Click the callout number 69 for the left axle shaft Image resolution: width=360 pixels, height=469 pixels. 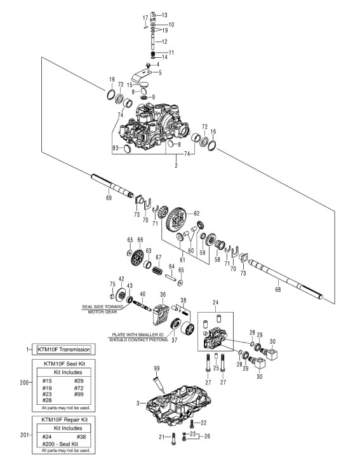click(x=109, y=198)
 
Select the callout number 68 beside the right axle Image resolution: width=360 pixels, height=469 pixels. click(x=278, y=289)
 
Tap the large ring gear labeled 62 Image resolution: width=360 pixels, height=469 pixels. click(x=177, y=220)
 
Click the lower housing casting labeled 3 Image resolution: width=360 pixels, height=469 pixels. click(x=178, y=406)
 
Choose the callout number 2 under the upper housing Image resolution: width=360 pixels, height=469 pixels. click(x=176, y=165)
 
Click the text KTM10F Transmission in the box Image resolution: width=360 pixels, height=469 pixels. click(x=63, y=350)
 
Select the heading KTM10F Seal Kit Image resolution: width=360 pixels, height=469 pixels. click(x=64, y=364)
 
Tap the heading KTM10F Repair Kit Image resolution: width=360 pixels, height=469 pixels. click(x=64, y=419)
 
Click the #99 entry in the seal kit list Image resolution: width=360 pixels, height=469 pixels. click(x=79, y=394)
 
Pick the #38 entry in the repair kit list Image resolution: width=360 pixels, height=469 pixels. click(x=81, y=437)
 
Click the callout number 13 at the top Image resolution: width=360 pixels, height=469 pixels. click(x=164, y=15)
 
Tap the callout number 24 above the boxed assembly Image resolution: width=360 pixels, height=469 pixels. click(x=215, y=302)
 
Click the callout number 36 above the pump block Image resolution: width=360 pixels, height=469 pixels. click(x=163, y=295)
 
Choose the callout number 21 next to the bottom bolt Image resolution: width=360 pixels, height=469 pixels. click(x=162, y=437)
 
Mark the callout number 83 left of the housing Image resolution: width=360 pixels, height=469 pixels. click(x=116, y=147)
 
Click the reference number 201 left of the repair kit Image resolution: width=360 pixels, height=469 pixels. click(x=25, y=435)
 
